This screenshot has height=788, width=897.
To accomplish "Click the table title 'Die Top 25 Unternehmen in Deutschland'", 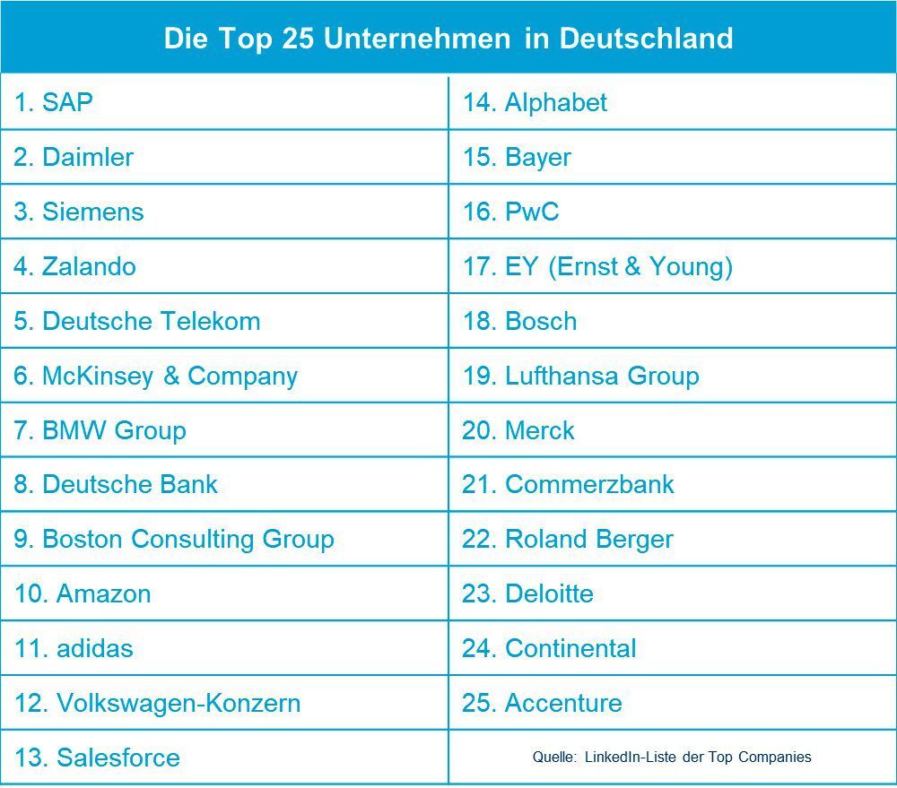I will pyautogui.click(x=448, y=39).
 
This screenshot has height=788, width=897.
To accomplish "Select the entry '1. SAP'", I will pyautogui.click(x=54, y=102).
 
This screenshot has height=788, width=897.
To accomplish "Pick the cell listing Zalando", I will pyautogui.click(x=75, y=266).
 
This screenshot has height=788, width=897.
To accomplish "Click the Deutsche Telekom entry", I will pyautogui.click(x=137, y=321).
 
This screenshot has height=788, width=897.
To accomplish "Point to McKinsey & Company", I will pyautogui.click(x=156, y=376).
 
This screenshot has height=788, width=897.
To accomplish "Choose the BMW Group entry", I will pyautogui.click(x=100, y=430).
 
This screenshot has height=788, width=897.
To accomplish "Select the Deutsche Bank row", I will pyautogui.click(x=116, y=484).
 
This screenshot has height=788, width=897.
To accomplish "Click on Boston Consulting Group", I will pyautogui.click(x=174, y=539).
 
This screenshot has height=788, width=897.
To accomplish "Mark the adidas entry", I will pyautogui.click(x=74, y=648).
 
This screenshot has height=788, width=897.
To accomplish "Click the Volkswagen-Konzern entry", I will pyautogui.click(x=158, y=703).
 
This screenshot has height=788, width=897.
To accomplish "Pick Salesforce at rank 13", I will pyautogui.click(x=97, y=758).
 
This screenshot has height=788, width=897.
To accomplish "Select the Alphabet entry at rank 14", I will pyautogui.click(x=535, y=102).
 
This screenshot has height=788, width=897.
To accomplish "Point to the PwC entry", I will pyautogui.click(x=510, y=212).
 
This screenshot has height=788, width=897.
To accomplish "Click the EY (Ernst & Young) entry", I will pyautogui.click(x=597, y=266).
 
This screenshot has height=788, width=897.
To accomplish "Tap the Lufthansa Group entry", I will pyautogui.click(x=580, y=376).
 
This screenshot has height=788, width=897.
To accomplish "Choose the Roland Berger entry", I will pyautogui.click(x=568, y=539).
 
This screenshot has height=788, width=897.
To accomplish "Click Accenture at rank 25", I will pyautogui.click(x=542, y=703).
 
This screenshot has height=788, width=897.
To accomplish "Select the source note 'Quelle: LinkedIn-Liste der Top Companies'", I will pyautogui.click(x=672, y=757).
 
